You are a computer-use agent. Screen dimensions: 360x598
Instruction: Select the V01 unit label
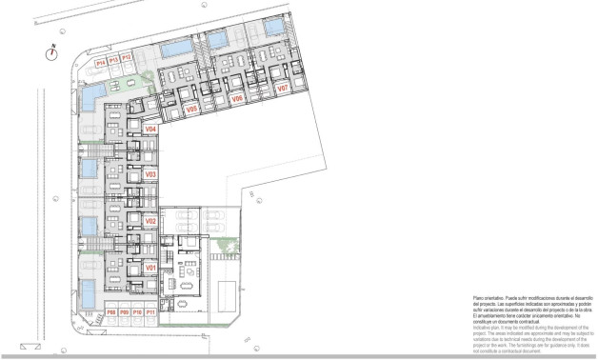(150, 269)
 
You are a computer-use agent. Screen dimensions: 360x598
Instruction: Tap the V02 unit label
(150, 221)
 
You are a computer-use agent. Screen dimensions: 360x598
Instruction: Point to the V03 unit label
(150, 175)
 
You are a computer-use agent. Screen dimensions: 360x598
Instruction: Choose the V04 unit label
(150, 130)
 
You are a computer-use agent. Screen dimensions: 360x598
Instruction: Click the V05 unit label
(191, 110)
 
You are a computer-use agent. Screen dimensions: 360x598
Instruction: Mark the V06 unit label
(237, 99)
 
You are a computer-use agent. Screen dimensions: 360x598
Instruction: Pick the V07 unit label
(283, 88)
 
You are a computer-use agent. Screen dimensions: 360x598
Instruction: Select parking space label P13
(113, 59)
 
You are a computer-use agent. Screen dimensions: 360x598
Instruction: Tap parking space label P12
(126, 59)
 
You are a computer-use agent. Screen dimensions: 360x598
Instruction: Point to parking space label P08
(111, 311)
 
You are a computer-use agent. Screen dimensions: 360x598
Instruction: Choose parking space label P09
(124, 311)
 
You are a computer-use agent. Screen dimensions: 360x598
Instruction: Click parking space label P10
(137, 311)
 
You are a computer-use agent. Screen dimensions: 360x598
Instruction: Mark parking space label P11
(150, 311)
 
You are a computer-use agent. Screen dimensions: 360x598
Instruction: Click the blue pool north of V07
(275, 26)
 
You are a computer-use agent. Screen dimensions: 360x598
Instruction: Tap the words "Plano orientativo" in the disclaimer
(488, 298)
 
